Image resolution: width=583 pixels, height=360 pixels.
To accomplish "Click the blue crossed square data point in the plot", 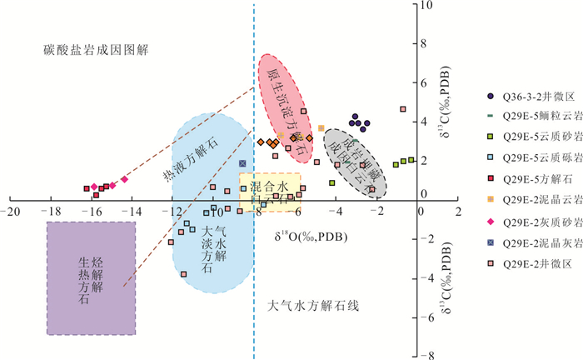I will pos(242,163).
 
